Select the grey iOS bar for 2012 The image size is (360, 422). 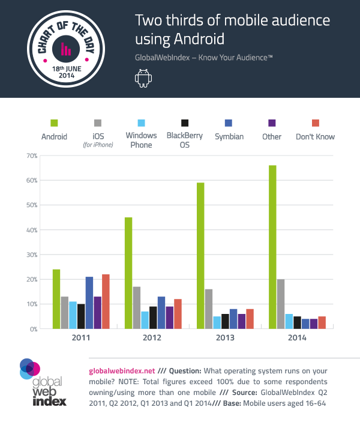(x=137, y=308)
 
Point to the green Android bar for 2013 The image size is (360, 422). (x=200, y=256)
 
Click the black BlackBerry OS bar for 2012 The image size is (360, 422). (x=153, y=318)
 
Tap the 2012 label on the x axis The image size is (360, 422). (x=153, y=339)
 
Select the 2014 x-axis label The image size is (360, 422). (x=297, y=339)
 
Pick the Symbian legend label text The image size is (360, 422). (x=229, y=137)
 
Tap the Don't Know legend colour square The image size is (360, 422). (x=315, y=122)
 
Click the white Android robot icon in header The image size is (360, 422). (x=143, y=78)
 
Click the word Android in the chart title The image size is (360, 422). (x=192, y=40)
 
